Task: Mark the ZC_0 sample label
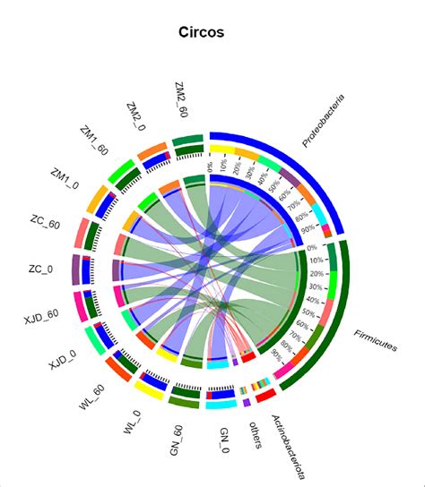click(x=40, y=269)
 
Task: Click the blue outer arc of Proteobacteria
click(x=296, y=161)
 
